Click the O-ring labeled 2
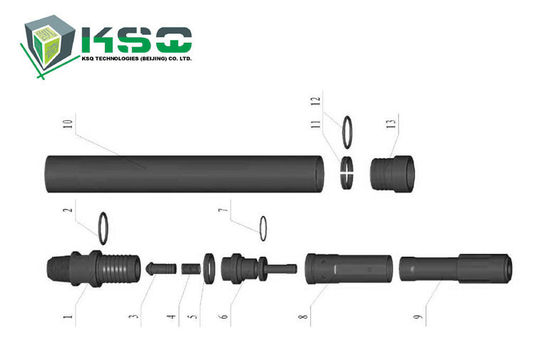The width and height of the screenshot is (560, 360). coord(103,227)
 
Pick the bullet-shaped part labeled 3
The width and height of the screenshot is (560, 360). coord(157,268)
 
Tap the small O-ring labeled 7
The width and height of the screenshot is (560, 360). coord(263,227)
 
